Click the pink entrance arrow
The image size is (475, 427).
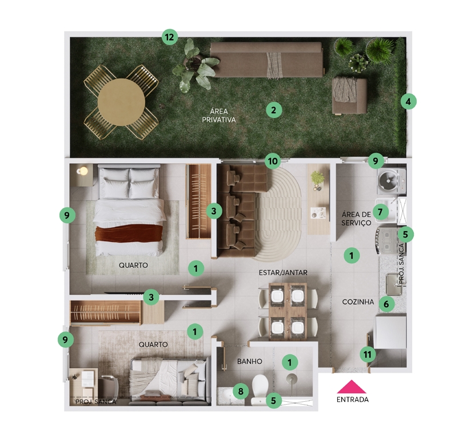(352, 387)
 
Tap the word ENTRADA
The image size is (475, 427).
(353, 400)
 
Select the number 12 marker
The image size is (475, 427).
(170, 37)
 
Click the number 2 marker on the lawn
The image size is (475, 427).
(274, 110)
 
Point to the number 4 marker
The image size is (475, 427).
(408, 101)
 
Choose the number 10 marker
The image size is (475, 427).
(273, 161)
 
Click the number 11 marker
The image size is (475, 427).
(368, 354)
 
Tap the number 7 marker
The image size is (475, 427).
(380, 212)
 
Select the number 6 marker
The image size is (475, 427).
(386, 303)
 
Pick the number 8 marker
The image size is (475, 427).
(241, 391)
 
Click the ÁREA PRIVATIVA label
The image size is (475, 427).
(219, 116)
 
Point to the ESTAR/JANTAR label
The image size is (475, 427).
(283, 272)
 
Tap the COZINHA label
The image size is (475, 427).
(358, 302)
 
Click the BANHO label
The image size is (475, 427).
(249, 362)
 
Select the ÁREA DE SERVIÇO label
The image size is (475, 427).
(356, 219)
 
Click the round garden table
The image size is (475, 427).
(121, 102)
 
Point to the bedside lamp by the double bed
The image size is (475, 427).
(82, 171)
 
